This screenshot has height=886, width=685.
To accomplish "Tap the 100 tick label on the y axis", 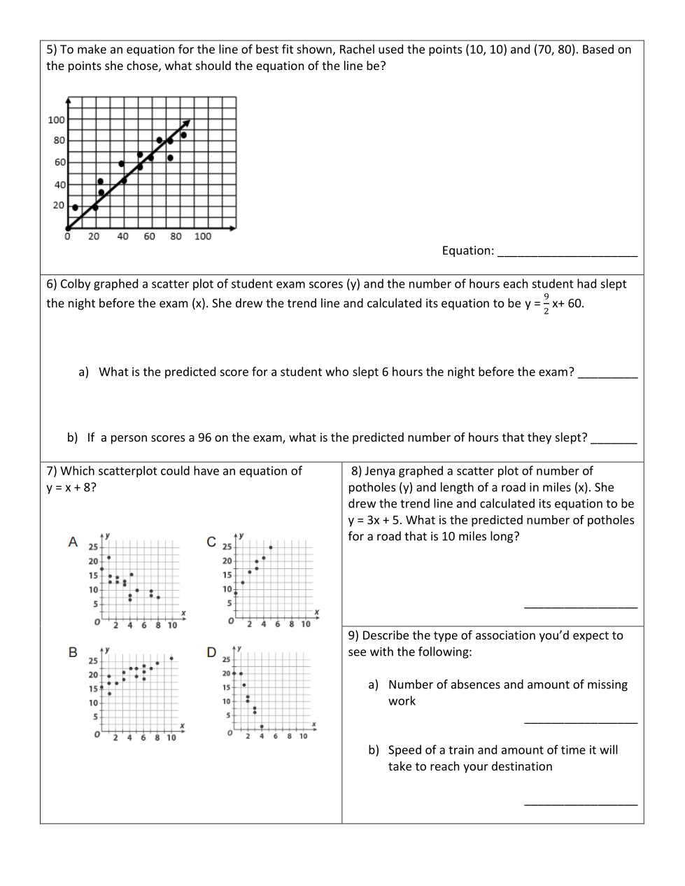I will tap(57, 120).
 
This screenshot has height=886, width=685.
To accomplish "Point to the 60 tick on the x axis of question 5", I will tap(149, 237).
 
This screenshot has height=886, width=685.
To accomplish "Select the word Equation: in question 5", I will tap(467, 251).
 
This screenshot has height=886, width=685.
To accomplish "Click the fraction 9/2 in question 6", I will tap(546, 304).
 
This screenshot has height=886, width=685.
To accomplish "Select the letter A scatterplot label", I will tap(73, 542).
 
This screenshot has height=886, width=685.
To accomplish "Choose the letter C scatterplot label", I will tap(211, 542).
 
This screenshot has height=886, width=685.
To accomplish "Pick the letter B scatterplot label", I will tap(73, 652).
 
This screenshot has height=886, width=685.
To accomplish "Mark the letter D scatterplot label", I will tap(211, 652).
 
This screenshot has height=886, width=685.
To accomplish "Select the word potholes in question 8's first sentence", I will tap(371, 488).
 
